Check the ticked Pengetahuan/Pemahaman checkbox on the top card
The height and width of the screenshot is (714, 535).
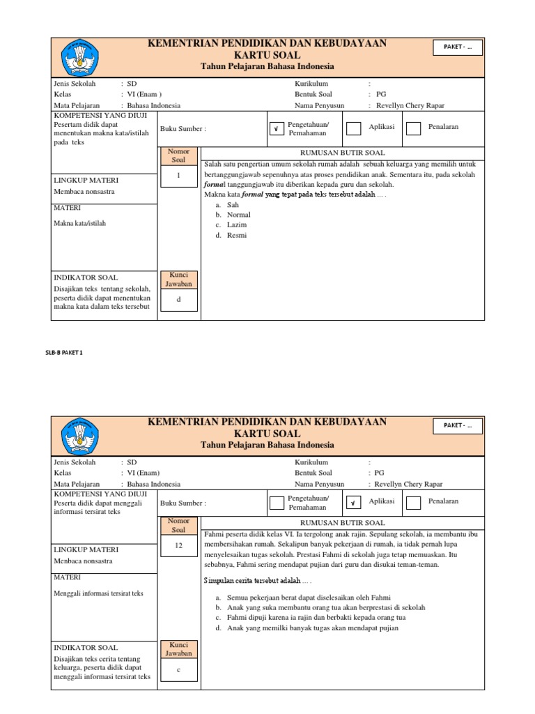click(x=277, y=128)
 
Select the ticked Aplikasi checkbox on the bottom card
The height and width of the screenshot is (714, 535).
click(x=354, y=502)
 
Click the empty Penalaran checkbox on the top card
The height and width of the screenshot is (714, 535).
click(x=413, y=128)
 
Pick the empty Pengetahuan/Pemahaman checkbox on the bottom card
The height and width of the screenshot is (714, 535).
click(x=277, y=502)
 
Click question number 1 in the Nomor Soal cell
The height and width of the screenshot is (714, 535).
click(x=179, y=176)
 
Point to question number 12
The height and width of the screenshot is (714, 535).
click(x=179, y=545)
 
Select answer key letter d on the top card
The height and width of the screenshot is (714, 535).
click(x=179, y=299)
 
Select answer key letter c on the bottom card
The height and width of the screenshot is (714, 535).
click(x=179, y=669)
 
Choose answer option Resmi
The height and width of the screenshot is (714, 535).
click(x=237, y=235)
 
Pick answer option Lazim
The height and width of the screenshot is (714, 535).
click(x=237, y=225)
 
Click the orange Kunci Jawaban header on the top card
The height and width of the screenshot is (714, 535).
click(x=179, y=279)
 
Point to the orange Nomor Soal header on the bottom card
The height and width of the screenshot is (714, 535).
click(x=179, y=526)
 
